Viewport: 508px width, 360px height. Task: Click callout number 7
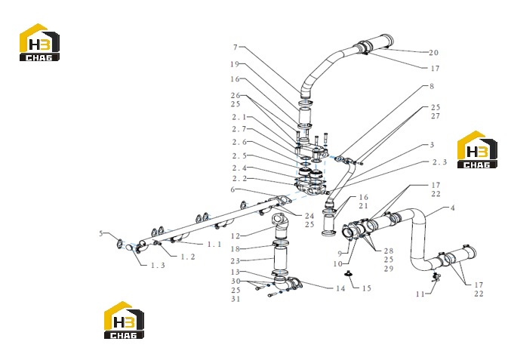pos(236,48)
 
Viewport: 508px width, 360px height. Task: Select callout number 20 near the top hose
pos(433,53)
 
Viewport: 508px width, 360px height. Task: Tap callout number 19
pos(235,64)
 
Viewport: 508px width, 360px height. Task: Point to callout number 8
pos(432,87)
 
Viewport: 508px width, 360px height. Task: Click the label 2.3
pos(439,162)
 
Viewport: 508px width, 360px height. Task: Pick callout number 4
pos(453,208)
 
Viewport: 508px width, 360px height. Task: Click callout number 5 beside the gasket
pos(101,233)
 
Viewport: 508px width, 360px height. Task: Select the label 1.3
pos(158,266)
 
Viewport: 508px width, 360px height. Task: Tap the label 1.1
pos(214,244)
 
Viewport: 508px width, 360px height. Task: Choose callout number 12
pos(236,236)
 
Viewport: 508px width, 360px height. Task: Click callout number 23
pos(236,261)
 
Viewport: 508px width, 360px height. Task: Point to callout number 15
pos(366,288)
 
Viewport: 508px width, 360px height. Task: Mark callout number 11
pos(420,294)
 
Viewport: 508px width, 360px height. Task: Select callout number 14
pos(340,288)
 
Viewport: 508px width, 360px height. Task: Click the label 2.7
pos(239,129)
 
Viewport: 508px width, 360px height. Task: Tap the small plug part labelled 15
pos(349,274)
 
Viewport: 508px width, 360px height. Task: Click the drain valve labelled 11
pos(436,277)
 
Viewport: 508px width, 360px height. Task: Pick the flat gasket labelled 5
pos(119,243)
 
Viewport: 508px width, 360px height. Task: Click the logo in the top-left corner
pos(39,42)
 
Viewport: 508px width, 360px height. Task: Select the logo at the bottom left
pos(124,320)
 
